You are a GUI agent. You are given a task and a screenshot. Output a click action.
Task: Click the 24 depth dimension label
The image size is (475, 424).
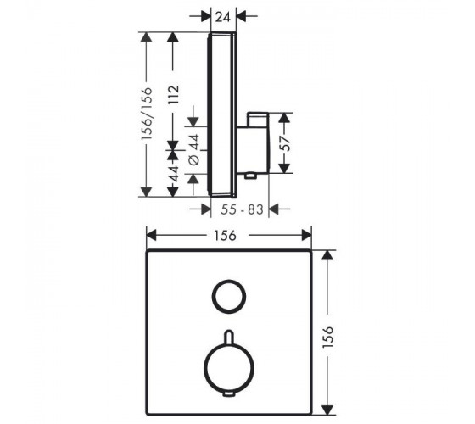223,17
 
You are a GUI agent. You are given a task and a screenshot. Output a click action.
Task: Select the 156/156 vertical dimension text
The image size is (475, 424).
148,114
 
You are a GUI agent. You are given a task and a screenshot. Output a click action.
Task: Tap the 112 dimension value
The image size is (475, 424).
174,95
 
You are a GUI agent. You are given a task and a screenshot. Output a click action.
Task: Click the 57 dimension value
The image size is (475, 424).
284,143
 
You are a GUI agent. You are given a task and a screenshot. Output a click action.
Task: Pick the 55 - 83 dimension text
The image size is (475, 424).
242,209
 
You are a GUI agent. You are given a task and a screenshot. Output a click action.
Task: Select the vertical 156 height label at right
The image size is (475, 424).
328,338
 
